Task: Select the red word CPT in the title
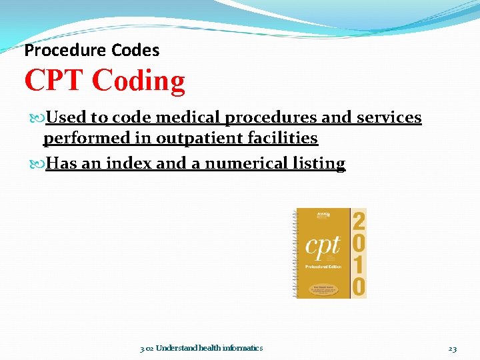55,81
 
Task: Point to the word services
390,118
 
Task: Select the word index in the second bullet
126,164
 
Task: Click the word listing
319,164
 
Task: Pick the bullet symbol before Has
37,164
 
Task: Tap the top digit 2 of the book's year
359,220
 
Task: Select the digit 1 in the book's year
359,265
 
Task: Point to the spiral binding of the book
294,253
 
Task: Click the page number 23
452,348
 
